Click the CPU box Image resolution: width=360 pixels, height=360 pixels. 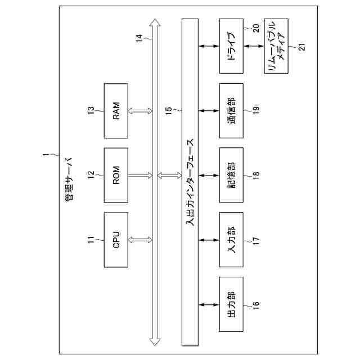116,240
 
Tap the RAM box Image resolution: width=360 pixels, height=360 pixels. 116,111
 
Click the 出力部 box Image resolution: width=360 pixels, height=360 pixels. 231,305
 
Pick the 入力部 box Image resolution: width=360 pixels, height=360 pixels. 231,240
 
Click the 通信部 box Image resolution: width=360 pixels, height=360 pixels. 231,111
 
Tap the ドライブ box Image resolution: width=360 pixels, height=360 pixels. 231,46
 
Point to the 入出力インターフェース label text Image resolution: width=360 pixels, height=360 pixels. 190,183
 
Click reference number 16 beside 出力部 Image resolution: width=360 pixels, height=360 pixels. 256,305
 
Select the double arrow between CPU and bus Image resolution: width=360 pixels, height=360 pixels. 140,240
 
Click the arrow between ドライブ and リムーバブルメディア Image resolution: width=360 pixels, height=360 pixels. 253,46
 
